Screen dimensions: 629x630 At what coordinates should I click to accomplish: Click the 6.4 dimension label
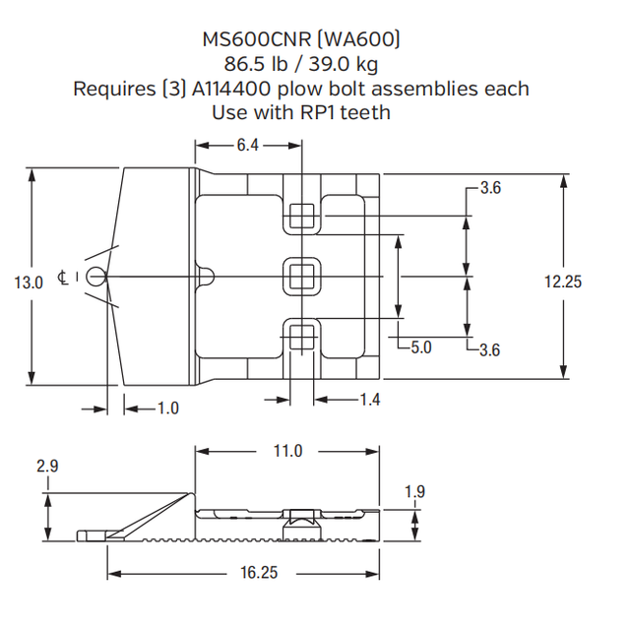(x=246, y=146)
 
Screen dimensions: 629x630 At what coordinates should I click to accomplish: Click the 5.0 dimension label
(x=421, y=347)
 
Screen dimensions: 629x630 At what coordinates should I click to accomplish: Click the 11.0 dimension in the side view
(x=286, y=451)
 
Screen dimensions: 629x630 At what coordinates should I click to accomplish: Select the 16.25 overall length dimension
(x=258, y=573)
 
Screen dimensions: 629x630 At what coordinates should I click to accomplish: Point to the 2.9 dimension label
(x=47, y=466)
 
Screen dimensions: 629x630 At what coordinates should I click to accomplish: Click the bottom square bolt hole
(x=302, y=337)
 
